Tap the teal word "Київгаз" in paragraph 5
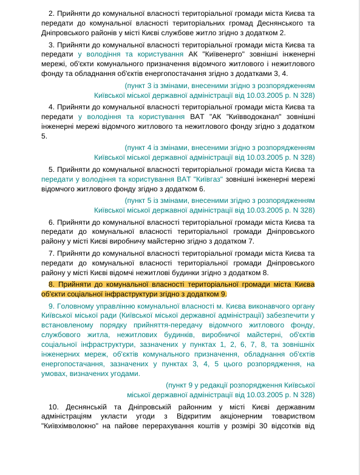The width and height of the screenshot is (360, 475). (x=208, y=179)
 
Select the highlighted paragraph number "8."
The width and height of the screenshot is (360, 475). (x=52, y=284)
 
